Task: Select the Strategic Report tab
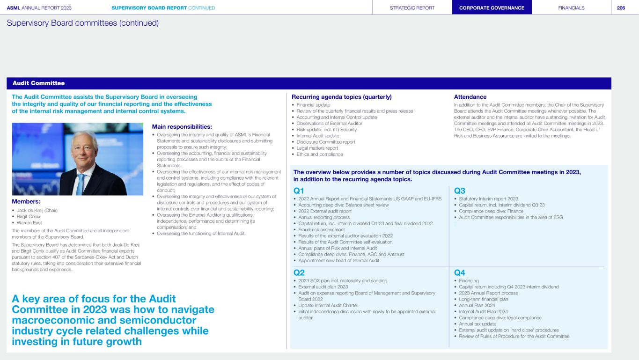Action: pos(412,7)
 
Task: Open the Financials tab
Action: pos(571,7)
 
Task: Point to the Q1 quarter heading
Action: pos(299,191)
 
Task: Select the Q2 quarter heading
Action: pos(299,272)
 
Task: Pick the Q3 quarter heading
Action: pos(459,191)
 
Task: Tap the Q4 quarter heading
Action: pos(459,272)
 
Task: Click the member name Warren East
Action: pos(29,222)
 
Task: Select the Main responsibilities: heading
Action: pos(182,126)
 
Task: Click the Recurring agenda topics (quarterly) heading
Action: pos(341,97)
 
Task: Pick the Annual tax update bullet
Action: pos(478,323)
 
